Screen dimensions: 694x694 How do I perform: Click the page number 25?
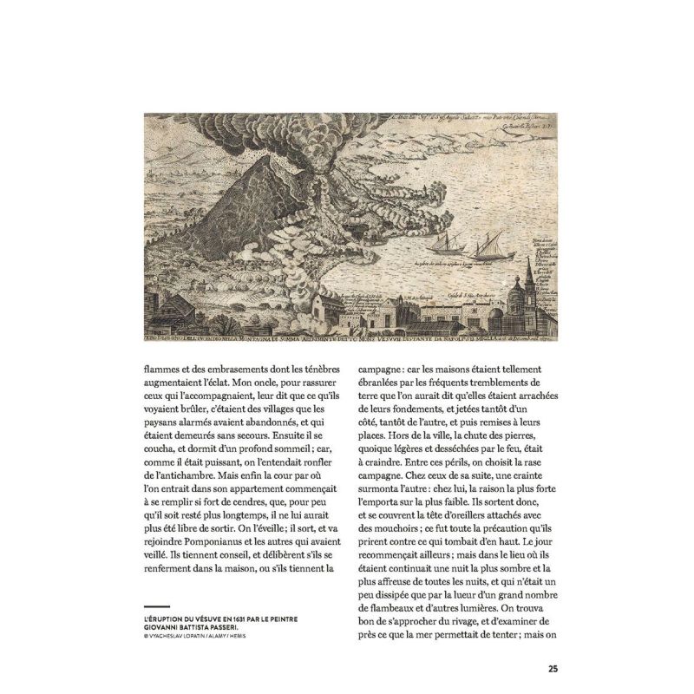(552, 668)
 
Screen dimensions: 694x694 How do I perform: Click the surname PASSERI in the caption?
(246, 624)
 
